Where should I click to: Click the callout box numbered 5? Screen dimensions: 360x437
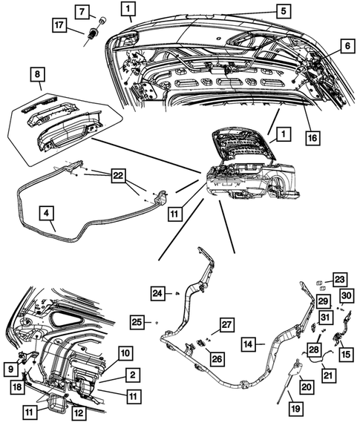tap(284, 11)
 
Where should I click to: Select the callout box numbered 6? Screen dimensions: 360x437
tap(347, 45)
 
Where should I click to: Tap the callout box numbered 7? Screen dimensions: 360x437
tap(82, 12)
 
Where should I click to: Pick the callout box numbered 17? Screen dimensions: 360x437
tap(59, 25)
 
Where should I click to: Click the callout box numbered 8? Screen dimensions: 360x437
tap(37, 74)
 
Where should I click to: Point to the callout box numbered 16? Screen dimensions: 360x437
tap(312, 137)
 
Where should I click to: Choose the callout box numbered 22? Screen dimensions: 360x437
tap(118, 176)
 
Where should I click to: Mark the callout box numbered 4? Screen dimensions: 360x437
tap(46, 213)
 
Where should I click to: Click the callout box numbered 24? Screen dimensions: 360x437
tap(157, 293)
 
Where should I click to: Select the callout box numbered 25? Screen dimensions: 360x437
tap(137, 322)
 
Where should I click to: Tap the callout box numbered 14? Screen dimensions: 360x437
tap(248, 344)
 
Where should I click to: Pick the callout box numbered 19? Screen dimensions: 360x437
tap(295, 409)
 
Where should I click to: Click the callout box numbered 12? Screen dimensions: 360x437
tap(79, 413)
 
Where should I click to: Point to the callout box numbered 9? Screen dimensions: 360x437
tap(10, 369)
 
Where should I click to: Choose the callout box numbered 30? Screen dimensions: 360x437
tap(346, 295)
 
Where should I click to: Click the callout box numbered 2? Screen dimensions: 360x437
tap(132, 375)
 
